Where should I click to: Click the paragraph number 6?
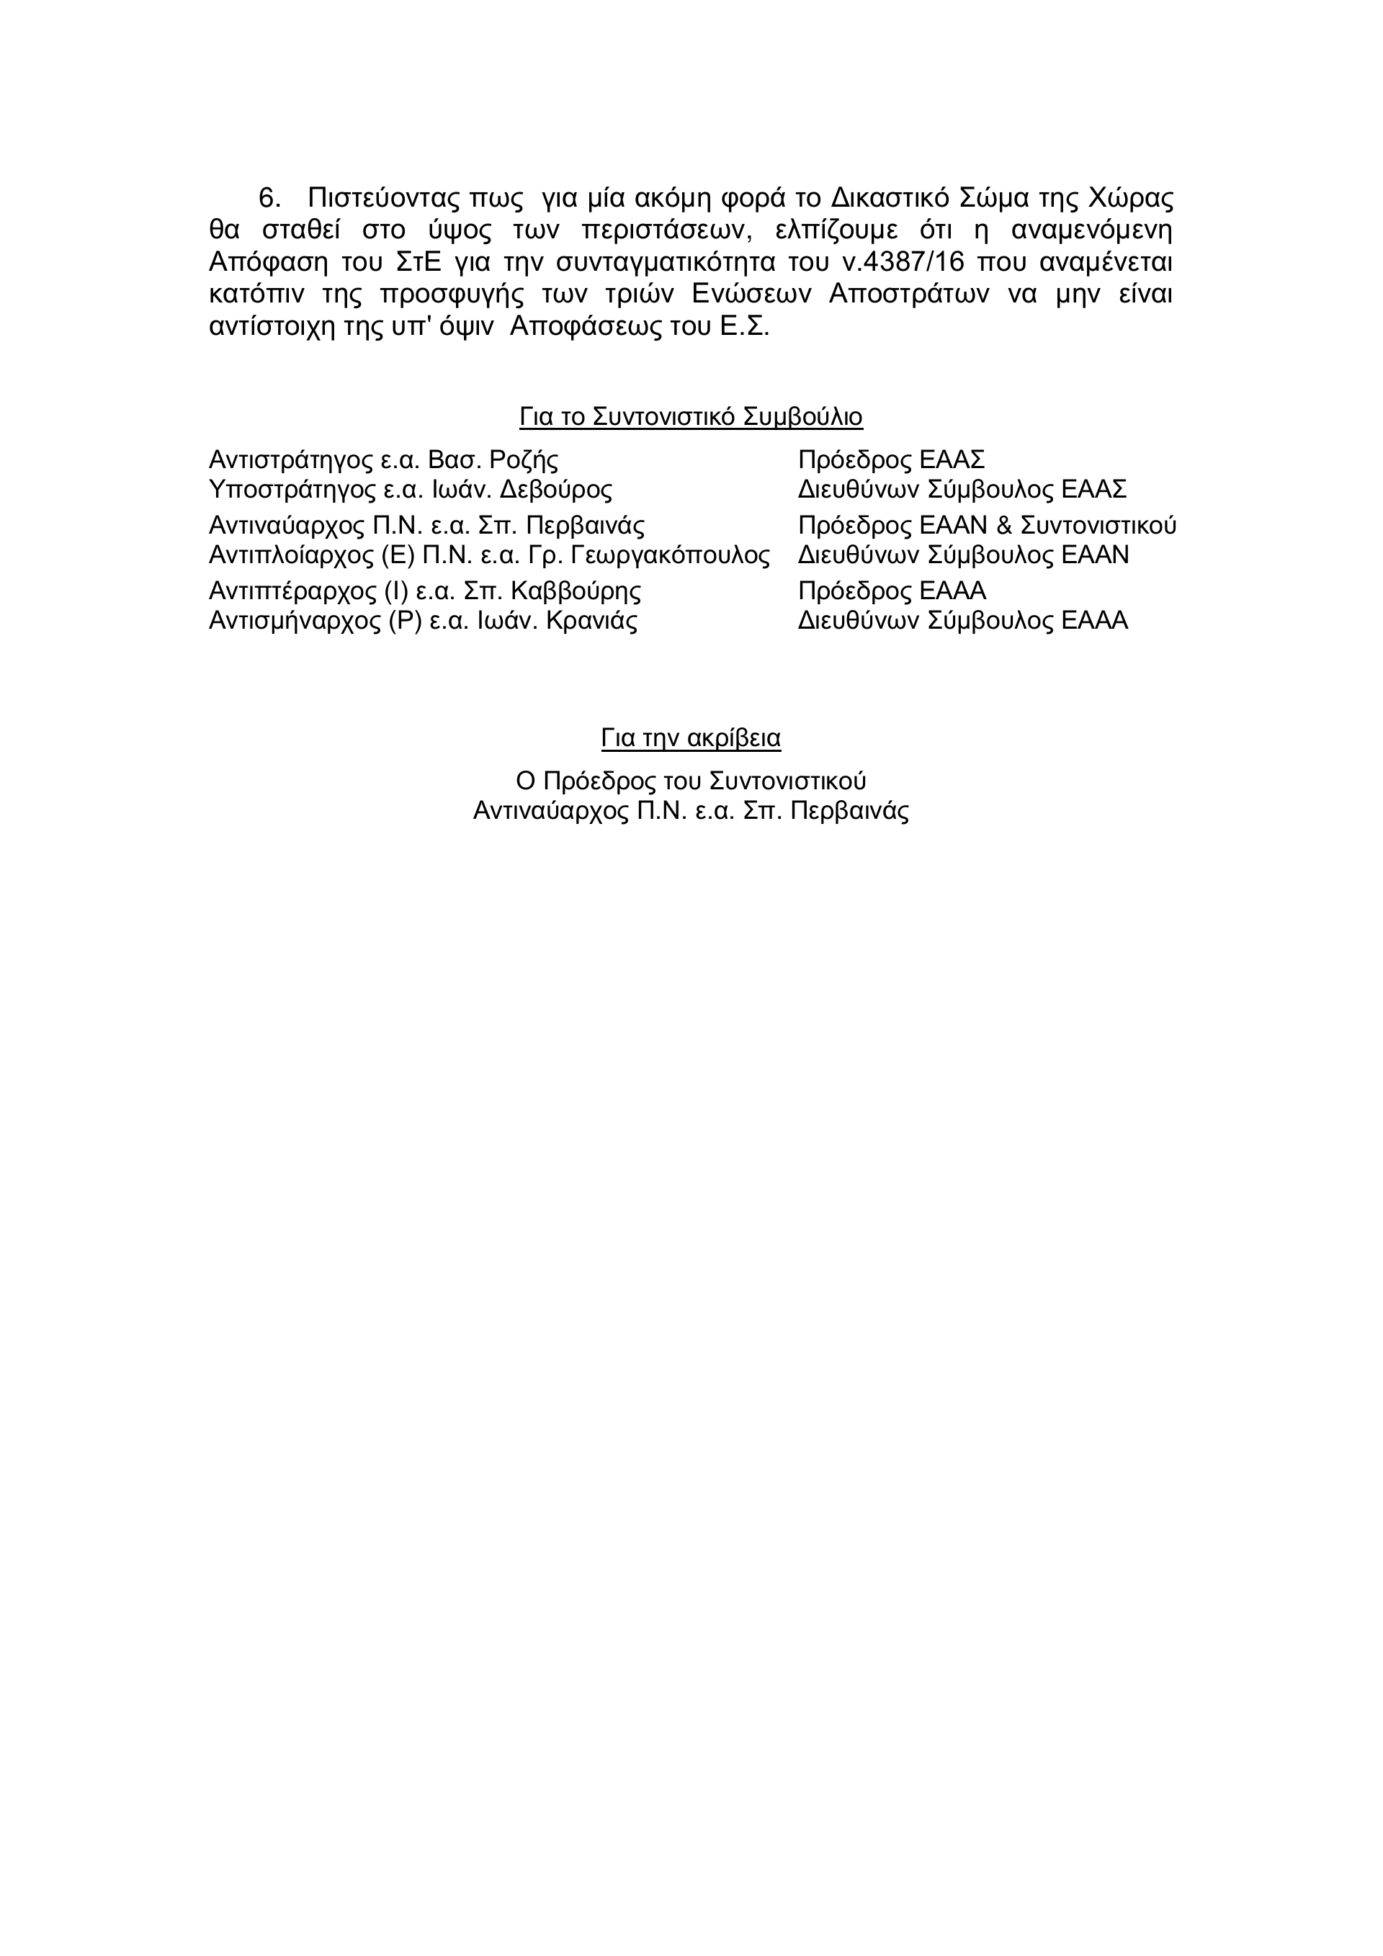269,199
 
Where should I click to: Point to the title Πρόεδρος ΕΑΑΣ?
891,461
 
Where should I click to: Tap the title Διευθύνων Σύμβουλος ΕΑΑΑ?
963,620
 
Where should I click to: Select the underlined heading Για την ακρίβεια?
691,737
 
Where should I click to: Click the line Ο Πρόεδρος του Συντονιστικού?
691,781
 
